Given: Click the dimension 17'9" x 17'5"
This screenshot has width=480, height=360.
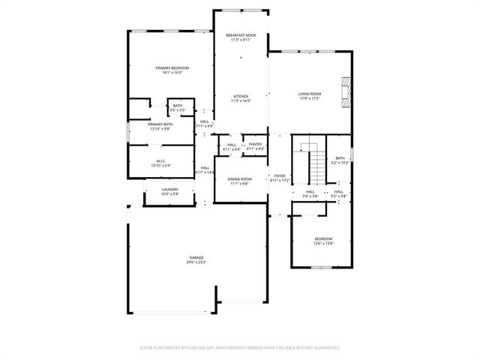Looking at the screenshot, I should pyautogui.click(x=310, y=98).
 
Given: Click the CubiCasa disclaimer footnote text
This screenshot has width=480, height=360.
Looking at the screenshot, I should pyautogui.click(x=240, y=347).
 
